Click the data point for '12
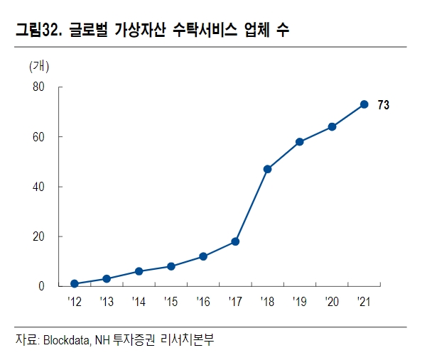(x=74, y=283)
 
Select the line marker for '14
(x=139, y=271)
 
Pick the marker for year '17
(x=235, y=241)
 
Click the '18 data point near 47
(x=267, y=169)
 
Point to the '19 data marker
(x=300, y=142)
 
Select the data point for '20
(x=332, y=127)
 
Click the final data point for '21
(x=364, y=104)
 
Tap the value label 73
(x=383, y=105)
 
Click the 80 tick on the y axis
(x=38, y=87)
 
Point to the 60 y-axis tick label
(x=38, y=137)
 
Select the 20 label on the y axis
(x=38, y=236)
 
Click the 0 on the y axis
(x=42, y=286)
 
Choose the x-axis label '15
(x=171, y=302)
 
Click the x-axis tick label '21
(x=363, y=302)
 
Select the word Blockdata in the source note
(x=70, y=340)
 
